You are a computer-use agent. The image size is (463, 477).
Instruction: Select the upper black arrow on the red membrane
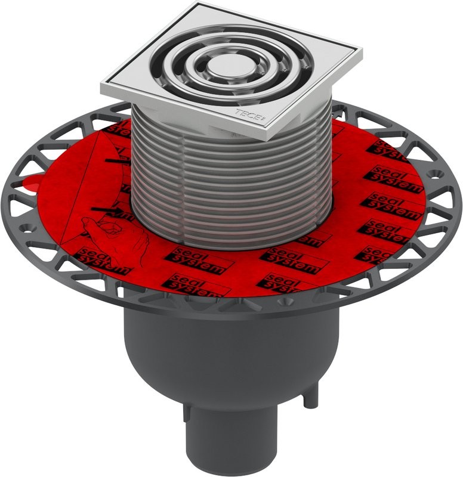(x=116, y=160)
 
